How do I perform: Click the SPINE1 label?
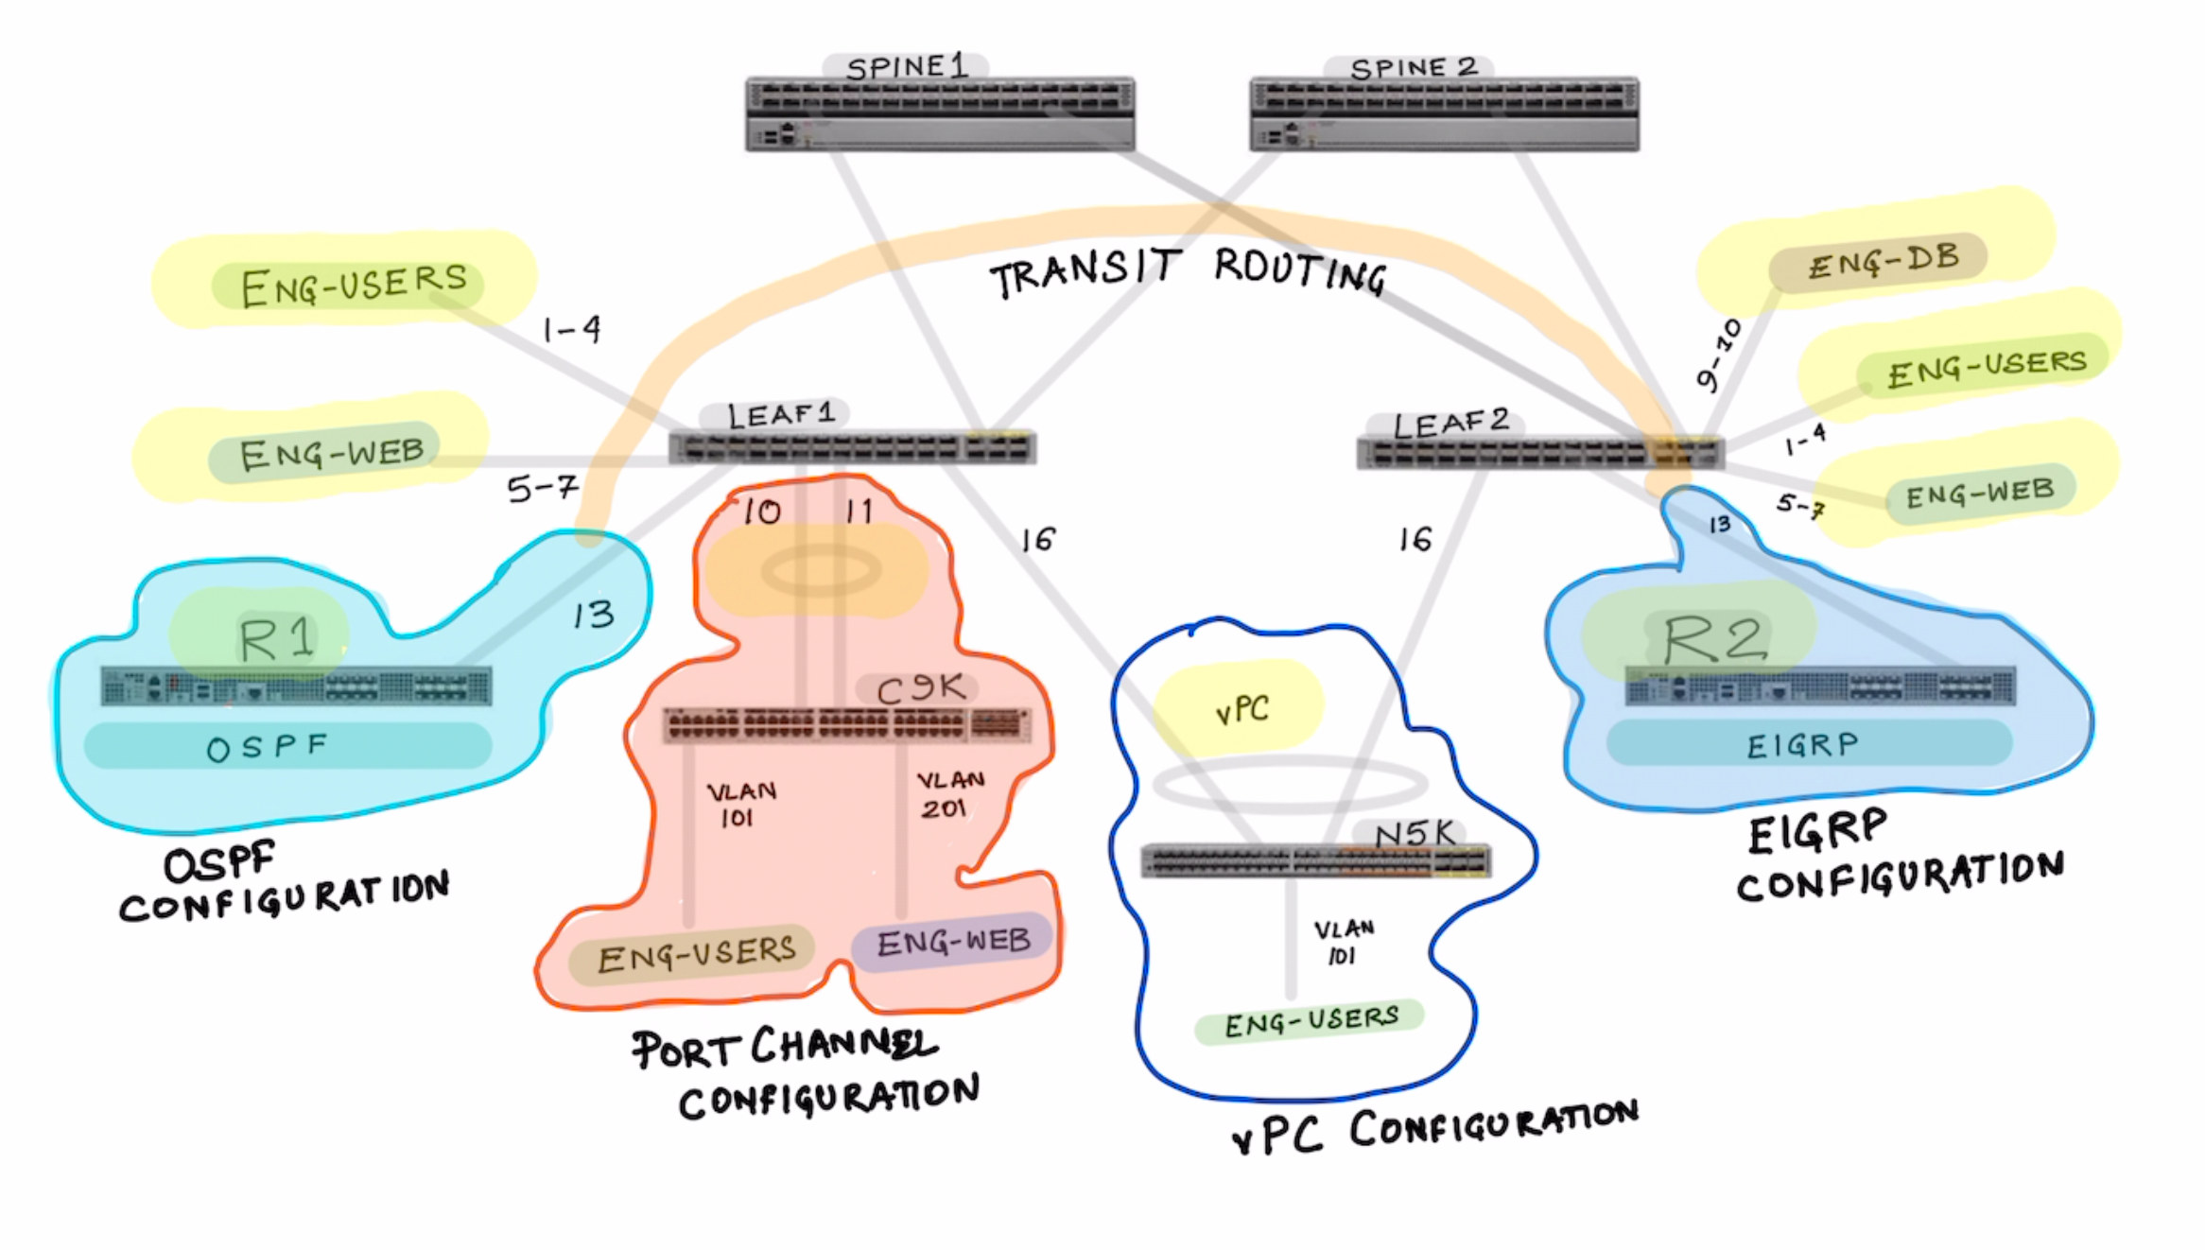[x=906, y=67]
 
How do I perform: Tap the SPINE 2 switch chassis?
[x=1444, y=114]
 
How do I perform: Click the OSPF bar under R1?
[x=287, y=746]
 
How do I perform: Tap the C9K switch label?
[x=919, y=688]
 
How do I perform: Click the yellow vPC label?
[x=1241, y=708]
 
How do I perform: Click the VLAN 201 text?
[x=948, y=794]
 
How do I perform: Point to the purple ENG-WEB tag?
[x=952, y=942]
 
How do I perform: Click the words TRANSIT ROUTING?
[x=1187, y=271]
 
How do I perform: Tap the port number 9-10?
[x=1718, y=355]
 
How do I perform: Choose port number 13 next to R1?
[x=593, y=616]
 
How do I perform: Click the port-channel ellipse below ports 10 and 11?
[x=821, y=571]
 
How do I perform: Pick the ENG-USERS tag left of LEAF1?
[x=352, y=284]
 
